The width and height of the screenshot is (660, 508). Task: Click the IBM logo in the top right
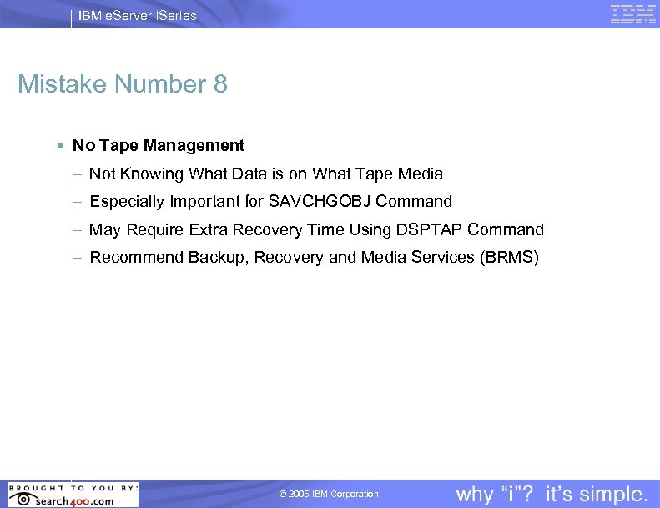pyautogui.click(x=633, y=14)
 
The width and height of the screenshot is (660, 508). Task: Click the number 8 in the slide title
pyautogui.click(x=219, y=84)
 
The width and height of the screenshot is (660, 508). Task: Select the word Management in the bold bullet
pyautogui.click(x=194, y=146)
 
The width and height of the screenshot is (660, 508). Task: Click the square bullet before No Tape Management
pyautogui.click(x=60, y=146)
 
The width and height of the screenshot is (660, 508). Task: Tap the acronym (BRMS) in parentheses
pyautogui.click(x=510, y=257)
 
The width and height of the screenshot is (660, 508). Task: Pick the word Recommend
pyautogui.click(x=136, y=257)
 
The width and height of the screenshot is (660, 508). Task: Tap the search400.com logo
pyautogui.click(x=73, y=500)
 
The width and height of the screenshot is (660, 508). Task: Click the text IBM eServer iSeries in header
pyautogui.click(x=138, y=15)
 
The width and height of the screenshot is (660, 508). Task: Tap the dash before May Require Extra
pyautogui.click(x=77, y=229)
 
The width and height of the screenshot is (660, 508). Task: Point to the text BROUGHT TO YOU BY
pyautogui.click(x=73, y=487)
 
